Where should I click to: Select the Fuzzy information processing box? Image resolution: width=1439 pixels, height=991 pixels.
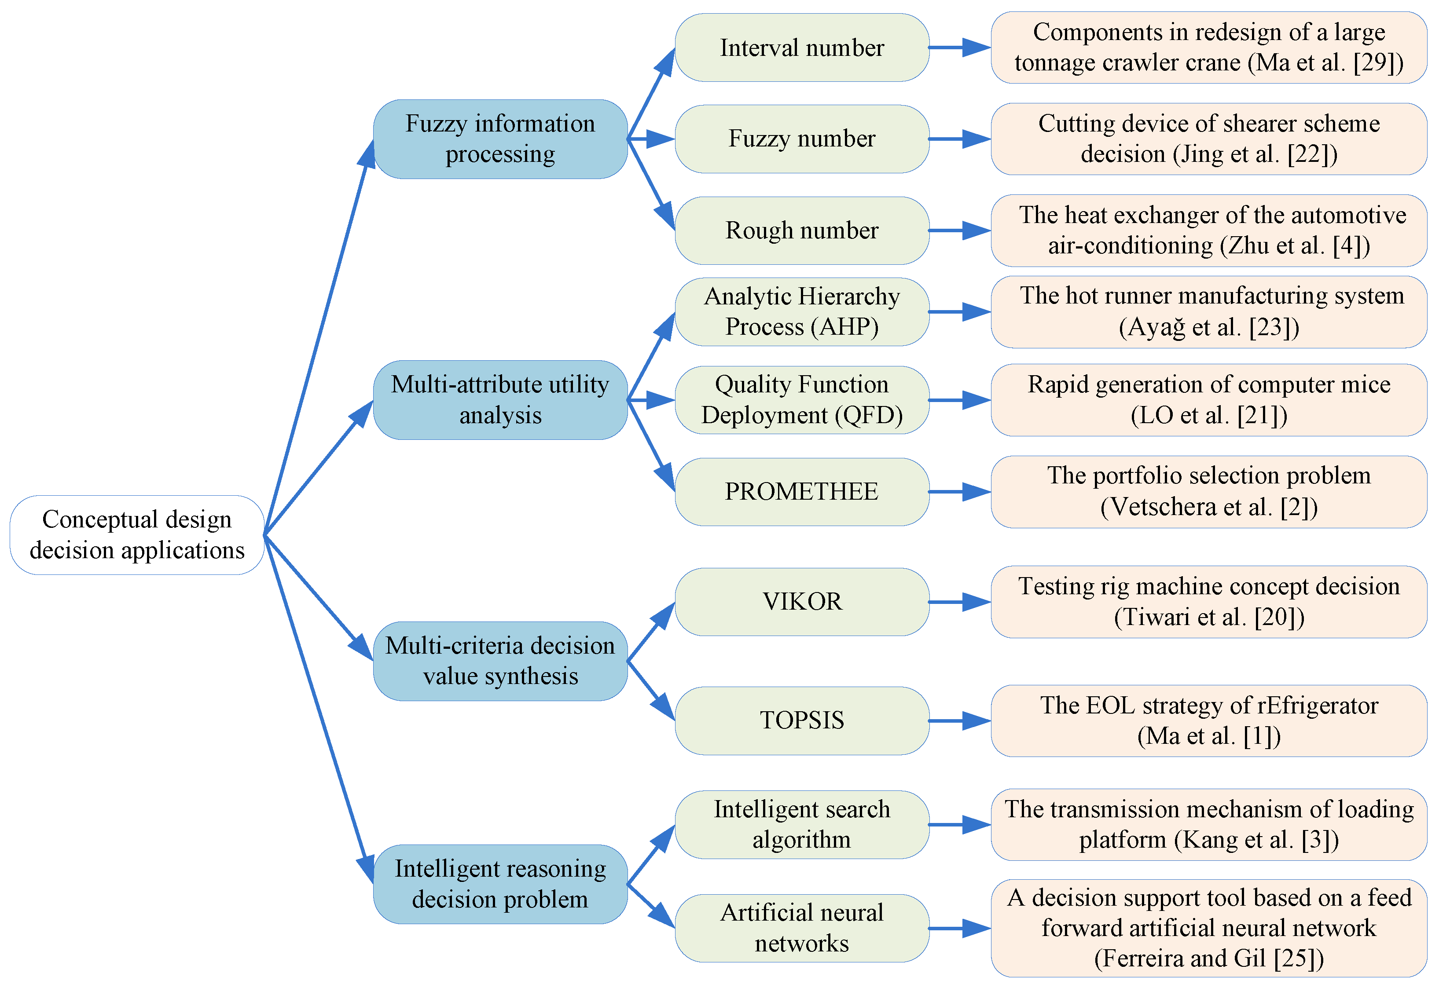point(500,139)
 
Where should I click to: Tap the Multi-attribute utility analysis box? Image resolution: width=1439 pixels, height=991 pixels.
point(500,400)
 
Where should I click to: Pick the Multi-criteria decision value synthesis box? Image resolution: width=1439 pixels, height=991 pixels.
point(500,661)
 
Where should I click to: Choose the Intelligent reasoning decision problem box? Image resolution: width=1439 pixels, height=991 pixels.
point(500,884)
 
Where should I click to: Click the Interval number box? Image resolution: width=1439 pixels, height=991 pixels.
point(801,48)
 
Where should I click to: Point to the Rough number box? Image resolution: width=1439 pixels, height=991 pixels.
point(801,230)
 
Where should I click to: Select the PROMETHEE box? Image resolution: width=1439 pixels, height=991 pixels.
point(801,492)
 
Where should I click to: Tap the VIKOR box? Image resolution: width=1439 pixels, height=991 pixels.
point(801,602)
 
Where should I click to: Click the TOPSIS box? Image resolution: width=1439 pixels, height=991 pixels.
point(801,720)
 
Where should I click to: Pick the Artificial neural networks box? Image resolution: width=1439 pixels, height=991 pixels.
point(801,928)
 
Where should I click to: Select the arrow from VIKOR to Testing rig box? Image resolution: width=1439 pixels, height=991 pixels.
point(959,602)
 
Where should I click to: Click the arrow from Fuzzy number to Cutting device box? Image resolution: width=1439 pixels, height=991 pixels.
point(959,139)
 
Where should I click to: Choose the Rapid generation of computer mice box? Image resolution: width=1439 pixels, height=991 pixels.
point(1208,400)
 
